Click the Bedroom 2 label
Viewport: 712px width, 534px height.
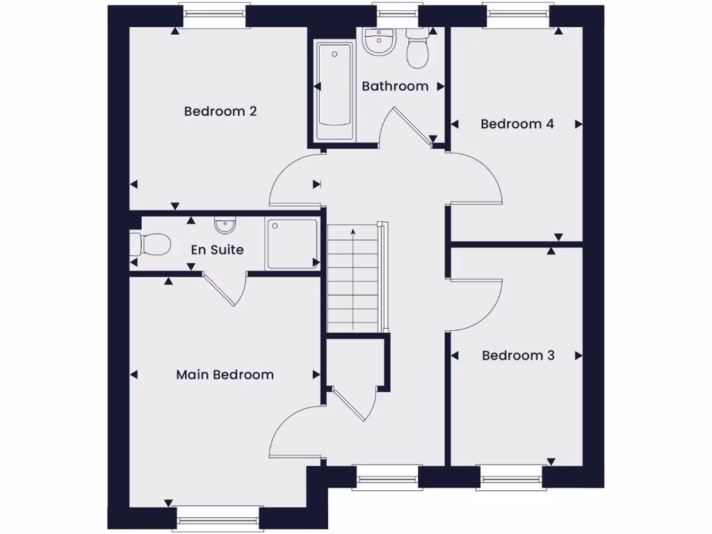tap(220, 111)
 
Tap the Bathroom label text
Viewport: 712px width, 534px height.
tap(395, 86)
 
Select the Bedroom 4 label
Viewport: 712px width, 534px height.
tap(517, 124)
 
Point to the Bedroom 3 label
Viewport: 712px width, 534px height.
tap(518, 355)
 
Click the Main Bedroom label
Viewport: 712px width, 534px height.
tap(225, 375)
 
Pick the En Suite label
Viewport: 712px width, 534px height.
tap(217, 249)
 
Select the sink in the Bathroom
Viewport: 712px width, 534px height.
tap(379, 42)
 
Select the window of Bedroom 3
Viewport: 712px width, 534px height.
tap(510, 478)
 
